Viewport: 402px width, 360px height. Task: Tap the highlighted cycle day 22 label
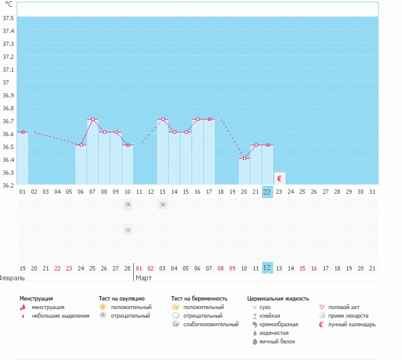tap(267, 191)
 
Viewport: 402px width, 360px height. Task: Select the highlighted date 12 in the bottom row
tap(267, 267)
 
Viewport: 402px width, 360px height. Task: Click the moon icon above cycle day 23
tap(279, 178)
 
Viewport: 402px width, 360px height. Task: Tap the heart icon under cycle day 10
tap(128, 230)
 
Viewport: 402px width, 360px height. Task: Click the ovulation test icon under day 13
tap(163, 205)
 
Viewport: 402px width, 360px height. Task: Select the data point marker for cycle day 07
tap(93, 120)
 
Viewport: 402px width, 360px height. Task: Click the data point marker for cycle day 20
tap(244, 158)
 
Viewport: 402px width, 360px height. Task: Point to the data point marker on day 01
tap(23, 132)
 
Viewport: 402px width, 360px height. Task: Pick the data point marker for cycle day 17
tap(209, 120)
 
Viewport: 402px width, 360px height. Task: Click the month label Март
tap(144, 278)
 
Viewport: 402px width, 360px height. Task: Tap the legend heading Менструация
tap(36, 298)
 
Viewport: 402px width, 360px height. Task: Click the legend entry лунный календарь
tap(352, 324)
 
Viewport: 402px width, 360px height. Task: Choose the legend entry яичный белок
tap(277, 341)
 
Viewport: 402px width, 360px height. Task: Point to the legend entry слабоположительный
tap(211, 324)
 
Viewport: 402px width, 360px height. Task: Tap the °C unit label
tap(9, 4)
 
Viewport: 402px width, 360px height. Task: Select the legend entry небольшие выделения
tap(60, 315)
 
